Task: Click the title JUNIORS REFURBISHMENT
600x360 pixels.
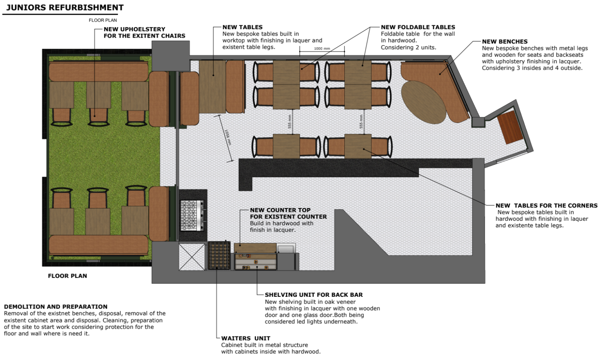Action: click(x=65, y=8)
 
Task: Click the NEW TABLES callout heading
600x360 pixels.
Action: click(x=242, y=27)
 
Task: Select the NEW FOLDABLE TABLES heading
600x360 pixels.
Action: click(x=418, y=27)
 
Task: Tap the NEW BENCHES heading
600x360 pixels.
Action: click(x=504, y=42)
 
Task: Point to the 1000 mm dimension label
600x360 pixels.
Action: click(x=322, y=49)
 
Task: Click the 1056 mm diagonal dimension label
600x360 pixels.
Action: click(x=228, y=138)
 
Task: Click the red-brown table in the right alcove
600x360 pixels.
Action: click(x=510, y=127)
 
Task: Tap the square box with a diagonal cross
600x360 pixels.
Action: click(x=192, y=256)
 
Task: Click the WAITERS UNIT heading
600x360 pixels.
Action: click(x=246, y=338)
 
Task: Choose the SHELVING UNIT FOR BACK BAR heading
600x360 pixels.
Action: click(x=314, y=295)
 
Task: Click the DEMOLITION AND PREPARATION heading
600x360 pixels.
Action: click(x=56, y=307)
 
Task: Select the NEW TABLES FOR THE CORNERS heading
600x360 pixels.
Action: click(x=546, y=206)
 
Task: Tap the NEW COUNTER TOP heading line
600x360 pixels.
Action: click(x=280, y=210)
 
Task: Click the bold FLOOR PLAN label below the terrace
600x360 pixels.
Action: click(x=67, y=276)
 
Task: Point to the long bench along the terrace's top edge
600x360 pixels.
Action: click(x=98, y=72)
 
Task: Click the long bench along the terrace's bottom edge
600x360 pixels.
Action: click(x=98, y=245)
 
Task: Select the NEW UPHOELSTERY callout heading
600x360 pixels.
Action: click(x=134, y=29)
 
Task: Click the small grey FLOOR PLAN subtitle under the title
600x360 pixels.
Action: click(x=103, y=20)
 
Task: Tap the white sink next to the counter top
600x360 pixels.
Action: click(x=286, y=249)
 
